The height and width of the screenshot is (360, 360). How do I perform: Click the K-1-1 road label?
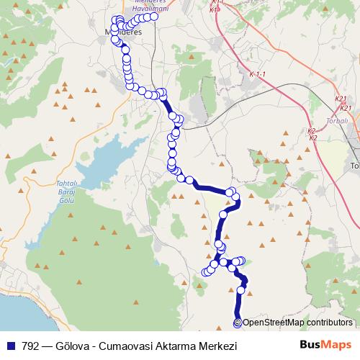pyautogui.click(x=258, y=74)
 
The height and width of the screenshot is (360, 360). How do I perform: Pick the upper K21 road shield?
pyautogui.click(x=341, y=99)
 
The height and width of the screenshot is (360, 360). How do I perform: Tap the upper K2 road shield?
pyautogui.click(x=311, y=131)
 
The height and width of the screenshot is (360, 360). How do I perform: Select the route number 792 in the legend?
pyautogui.click(x=31, y=346)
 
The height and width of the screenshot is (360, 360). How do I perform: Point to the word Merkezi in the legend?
pyautogui.click(x=217, y=346)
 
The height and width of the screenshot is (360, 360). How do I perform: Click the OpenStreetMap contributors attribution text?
pyautogui.click(x=297, y=323)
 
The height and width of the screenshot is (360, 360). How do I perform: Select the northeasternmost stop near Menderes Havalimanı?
pyautogui.click(x=153, y=16)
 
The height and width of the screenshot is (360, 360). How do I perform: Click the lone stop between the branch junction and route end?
pyautogui.click(x=241, y=290)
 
